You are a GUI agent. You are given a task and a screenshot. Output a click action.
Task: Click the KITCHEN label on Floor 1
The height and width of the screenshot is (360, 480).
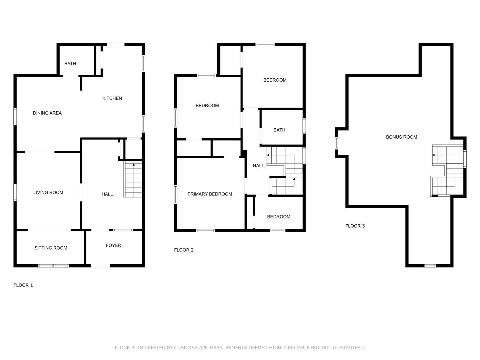[x=112, y=98]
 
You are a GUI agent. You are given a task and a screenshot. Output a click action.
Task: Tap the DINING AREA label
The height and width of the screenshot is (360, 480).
[x=47, y=113]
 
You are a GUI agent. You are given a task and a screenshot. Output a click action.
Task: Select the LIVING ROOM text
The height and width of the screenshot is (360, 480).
[x=48, y=192]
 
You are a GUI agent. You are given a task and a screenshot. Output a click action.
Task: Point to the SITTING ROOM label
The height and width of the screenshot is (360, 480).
[x=51, y=248]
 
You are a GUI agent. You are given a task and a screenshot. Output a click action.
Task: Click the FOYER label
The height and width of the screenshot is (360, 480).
[x=113, y=245]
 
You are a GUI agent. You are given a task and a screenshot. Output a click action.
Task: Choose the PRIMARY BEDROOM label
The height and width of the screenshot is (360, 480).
[x=210, y=194]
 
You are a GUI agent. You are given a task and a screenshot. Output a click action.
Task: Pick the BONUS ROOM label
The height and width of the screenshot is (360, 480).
[x=401, y=137]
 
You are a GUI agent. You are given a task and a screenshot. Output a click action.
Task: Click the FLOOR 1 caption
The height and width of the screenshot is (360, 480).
[x=23, y=285]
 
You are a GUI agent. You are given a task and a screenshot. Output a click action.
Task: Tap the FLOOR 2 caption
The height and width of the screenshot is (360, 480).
[x=184, y=250]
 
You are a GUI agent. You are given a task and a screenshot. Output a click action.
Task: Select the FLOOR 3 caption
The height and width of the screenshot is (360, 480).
[x=355, y=226]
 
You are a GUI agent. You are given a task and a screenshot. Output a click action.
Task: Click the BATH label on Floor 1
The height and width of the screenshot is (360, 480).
[x=70, y=64]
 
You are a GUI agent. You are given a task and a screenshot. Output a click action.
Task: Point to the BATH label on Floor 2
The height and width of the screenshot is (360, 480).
[x=279, y=130]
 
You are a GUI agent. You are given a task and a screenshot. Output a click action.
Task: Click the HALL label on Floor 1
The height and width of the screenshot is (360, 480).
[x=107, y=194]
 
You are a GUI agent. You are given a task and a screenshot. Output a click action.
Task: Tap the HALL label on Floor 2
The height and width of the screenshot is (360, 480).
[x=258, y=165]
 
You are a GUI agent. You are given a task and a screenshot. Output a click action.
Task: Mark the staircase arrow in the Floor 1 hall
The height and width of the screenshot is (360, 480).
[x=134, y=164]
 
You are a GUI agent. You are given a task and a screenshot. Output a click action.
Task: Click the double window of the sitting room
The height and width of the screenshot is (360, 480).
[x=53, y=266]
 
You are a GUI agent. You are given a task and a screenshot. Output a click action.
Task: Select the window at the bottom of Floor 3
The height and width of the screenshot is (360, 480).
[x=430, y=266]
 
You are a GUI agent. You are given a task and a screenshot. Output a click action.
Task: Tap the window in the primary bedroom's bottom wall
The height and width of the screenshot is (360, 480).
[x=205, y=231]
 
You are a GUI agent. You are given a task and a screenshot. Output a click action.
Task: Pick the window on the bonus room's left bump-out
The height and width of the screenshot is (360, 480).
[x=336, y=143]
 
